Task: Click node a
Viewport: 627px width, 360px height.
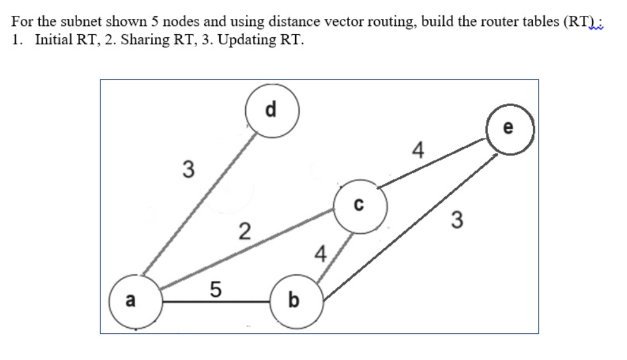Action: point(131,301)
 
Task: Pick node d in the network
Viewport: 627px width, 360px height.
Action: point(271,110)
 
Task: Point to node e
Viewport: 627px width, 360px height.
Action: point(510,130)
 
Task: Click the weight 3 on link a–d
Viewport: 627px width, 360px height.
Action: point(187,169)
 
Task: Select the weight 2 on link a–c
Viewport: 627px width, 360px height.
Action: point(244,231)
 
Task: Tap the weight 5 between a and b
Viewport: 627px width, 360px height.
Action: point(215,290)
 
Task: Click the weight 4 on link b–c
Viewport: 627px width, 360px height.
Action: point(320,255)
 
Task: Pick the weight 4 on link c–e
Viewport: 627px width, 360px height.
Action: point(417,150)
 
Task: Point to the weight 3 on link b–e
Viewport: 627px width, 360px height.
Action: point(458,220)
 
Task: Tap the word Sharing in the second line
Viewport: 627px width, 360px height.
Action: point(143,39)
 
